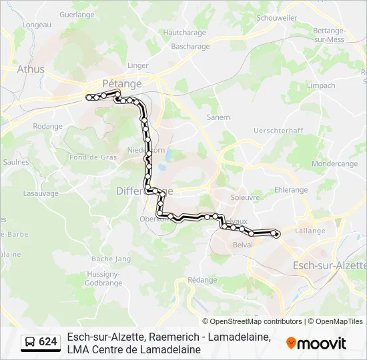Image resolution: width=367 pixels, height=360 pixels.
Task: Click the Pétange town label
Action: click(x=122, y=83)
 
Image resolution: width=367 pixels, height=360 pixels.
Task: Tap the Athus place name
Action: click(x=31, y=69)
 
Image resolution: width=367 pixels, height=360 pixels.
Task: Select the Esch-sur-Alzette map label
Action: click(x=330, y=265)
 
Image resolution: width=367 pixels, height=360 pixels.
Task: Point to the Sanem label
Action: click(x=218, y=117)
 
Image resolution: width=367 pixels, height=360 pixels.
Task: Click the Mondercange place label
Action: click(x=334, y=163)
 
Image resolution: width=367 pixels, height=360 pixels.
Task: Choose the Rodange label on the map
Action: click(x=47, y=126)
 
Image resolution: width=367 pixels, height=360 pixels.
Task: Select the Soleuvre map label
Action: click(x=244, y=197)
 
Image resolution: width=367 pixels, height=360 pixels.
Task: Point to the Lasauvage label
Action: click(x=41, y=194)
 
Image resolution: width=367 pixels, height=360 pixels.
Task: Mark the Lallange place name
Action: click(x=310, y=231)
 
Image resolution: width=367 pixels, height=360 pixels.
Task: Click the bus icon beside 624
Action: click(x=30, y=342)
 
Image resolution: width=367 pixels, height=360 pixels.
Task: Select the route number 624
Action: click(x=48, y=342)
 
